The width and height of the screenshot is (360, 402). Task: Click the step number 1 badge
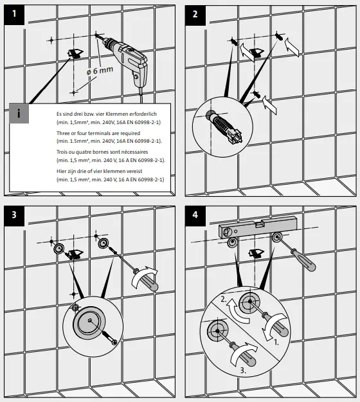pos(14,15)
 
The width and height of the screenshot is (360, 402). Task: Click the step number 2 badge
pos(195,15)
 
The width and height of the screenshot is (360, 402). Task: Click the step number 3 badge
pos(14,216)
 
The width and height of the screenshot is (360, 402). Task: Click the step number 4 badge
pos(195,216)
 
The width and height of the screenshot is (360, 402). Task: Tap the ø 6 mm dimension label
pos(100,70)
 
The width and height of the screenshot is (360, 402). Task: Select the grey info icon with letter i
pos(19,113)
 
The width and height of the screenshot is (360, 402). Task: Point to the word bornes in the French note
pos(100,152)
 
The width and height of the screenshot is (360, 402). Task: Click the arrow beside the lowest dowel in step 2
pos(269,105)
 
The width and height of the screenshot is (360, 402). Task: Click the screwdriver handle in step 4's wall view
pos(307,262)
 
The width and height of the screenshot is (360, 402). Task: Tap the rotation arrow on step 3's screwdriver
pos(143,277)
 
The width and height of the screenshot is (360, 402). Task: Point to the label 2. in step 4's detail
pos(224,299)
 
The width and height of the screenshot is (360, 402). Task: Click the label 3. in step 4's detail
pos(244,370)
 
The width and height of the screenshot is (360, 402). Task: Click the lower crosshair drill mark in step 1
pos(74,92)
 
